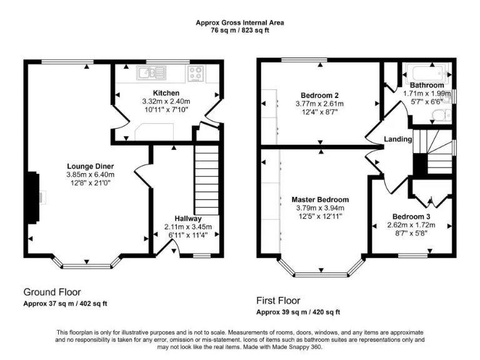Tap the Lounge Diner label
(x=91, y=166)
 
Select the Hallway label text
(x=187, y=219)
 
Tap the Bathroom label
(x=427, y=85)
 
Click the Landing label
(x=397, y=139)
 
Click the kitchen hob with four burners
(x=196, y=73)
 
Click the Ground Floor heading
(x=52, y=292)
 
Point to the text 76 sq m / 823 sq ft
(x=240, y=29)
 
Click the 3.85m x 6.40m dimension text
(x=91, y=174)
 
